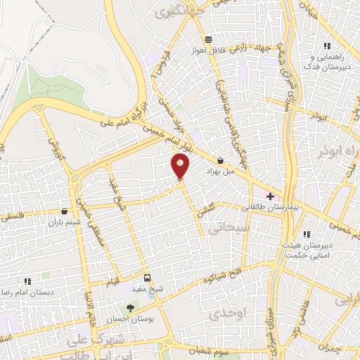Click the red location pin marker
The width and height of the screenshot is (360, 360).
180,167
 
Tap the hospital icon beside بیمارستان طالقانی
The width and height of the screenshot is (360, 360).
270,196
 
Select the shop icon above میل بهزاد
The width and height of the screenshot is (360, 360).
221,161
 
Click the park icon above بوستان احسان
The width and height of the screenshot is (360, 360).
129,308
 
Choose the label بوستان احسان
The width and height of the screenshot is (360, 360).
129,319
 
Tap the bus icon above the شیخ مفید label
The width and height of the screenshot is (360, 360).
147,278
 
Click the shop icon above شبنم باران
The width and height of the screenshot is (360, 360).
65,211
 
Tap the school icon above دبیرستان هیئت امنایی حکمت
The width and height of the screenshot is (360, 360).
305,234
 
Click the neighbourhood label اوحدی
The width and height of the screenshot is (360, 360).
249,316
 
